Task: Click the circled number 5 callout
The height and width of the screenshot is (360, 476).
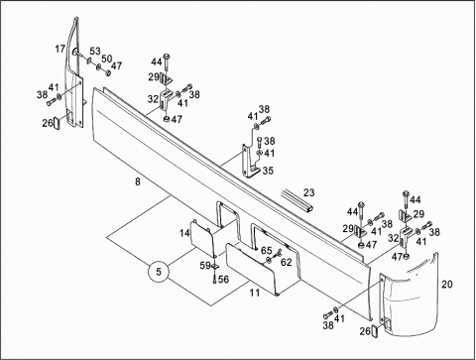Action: [159, 272]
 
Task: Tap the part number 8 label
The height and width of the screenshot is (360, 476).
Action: [138, 181]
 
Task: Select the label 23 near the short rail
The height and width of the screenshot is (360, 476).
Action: [309, 192]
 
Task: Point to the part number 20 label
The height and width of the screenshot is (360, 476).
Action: [447, 284]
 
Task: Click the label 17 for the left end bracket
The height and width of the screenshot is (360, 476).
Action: [60, 50]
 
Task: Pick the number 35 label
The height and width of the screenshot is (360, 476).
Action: [268, 171]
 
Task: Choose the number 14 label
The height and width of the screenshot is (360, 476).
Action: [184, 233]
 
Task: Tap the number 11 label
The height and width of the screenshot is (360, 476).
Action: [255, 293]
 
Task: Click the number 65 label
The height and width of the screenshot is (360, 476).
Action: [266, 250]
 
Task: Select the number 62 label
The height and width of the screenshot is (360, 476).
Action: [287, 262]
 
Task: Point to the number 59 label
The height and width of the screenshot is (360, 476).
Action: [205, 265]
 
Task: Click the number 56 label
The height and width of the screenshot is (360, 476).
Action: [223, 280]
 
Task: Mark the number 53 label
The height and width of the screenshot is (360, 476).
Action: [95, 51]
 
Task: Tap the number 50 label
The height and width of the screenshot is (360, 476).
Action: [106, 59]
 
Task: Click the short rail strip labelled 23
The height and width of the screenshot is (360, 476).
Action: [297, 200]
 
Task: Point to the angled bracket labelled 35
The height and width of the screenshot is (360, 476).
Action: [249, 162]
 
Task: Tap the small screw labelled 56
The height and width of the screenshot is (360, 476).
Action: [214, 279]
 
